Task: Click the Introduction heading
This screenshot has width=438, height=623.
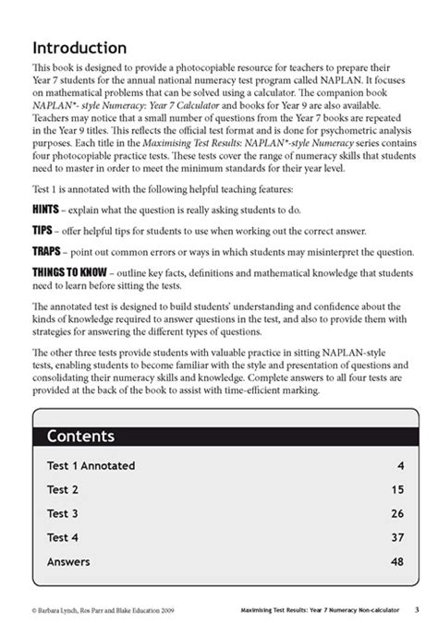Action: [79, 48]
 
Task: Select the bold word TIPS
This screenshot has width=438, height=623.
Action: [44, 230]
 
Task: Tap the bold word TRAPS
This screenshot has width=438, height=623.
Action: [48, 251]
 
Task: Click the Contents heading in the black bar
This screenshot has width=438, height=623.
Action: [80, 436]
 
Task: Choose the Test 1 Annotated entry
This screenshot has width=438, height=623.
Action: [91, 465]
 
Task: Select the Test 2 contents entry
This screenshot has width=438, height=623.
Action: [62, 489]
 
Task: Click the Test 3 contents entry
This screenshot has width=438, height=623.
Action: [62, 513]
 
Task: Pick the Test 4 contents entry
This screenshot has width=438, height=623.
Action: [62, 537]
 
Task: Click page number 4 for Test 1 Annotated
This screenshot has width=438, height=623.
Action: [401, 465]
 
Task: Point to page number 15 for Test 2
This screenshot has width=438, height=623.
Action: [398, 489]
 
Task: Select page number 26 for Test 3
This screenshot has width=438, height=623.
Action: [398, 513]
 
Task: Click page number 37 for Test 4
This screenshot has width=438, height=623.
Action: [398, 537]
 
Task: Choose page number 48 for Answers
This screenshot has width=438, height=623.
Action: [398, 561]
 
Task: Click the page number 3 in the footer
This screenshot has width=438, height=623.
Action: [418, 607]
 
